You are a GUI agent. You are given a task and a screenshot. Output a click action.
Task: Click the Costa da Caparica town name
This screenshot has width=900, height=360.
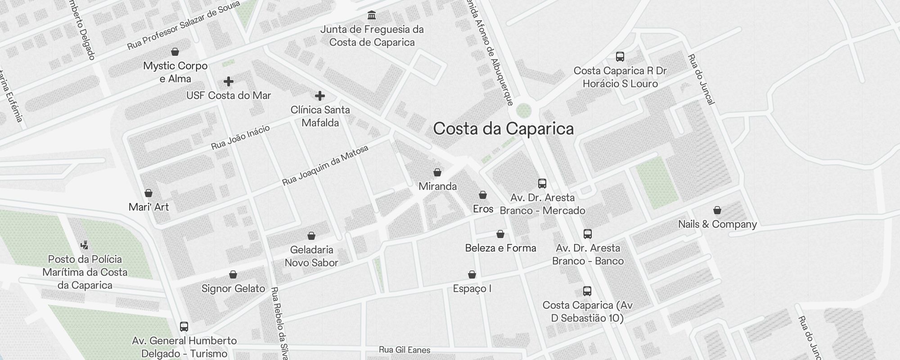point(503,129)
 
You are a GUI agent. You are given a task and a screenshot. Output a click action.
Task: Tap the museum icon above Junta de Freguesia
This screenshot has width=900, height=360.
point(372,16)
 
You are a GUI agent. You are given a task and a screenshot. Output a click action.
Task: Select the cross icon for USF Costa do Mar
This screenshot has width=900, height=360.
point(229,81)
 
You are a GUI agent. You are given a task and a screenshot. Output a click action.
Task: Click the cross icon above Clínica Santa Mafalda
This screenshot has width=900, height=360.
point(320,96)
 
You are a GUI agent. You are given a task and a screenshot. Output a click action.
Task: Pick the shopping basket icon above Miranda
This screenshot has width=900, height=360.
point(437,172)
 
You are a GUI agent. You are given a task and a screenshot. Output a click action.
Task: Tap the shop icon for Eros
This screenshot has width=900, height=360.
point(483,195)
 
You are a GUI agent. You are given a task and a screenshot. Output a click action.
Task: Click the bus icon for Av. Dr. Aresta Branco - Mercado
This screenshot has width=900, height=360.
point(542,184)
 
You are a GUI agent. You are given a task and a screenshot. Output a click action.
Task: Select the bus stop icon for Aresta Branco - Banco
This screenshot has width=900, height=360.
point(588,234)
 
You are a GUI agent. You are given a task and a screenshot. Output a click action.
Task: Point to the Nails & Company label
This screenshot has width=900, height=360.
point(717,224)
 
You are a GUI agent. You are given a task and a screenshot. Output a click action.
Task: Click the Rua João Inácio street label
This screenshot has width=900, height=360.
point(240,137)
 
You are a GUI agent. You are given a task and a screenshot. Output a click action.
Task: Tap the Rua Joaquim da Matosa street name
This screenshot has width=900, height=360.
point(325,166)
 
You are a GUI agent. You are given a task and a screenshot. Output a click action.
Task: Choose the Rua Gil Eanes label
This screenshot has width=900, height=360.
point(405,350)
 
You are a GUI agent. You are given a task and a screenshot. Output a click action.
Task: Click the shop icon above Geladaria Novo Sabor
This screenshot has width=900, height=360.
point(311,236)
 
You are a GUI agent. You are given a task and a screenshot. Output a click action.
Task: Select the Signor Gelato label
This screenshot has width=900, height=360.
point(233,288)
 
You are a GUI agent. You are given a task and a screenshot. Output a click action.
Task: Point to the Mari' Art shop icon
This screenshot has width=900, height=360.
point(148,193)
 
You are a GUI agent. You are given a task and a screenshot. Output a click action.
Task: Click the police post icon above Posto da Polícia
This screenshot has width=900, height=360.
point(85,245)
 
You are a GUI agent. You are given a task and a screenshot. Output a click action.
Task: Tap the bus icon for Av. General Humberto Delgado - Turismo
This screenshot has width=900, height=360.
point(184,327)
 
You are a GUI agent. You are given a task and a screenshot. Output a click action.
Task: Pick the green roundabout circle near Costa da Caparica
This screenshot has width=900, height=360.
point(523,110)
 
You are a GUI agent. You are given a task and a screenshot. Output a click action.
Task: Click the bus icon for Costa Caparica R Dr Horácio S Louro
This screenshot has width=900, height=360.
point(620,57)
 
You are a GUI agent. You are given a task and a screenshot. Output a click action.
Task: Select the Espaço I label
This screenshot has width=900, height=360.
point(472,288)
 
